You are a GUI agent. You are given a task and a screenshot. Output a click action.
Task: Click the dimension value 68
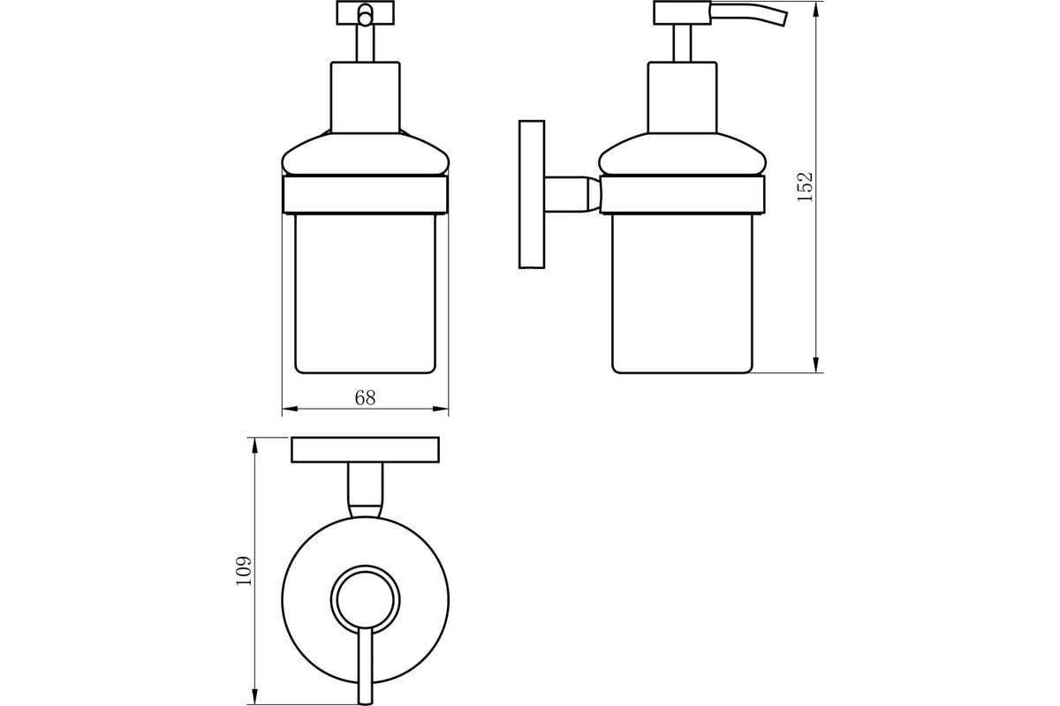coord(365,398)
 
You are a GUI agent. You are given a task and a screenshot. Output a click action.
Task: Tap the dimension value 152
coord(805,187)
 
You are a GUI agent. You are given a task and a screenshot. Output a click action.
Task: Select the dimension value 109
coord(244,571)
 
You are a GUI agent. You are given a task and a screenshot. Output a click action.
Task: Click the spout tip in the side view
coord(784,19)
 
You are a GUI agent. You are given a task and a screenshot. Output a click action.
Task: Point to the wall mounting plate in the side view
coord(532,194)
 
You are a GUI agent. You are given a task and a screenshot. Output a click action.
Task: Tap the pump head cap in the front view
coord(366,12)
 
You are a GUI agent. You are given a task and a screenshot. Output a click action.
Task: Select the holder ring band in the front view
coord(365,195)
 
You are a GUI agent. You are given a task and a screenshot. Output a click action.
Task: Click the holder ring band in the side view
coord(682,195)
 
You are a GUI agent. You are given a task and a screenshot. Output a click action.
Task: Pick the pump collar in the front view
coord(366,97)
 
